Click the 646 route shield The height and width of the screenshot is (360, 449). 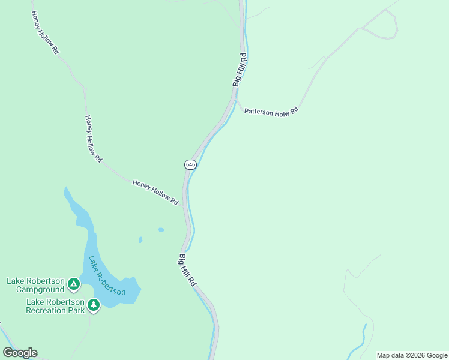(x=190, y=164)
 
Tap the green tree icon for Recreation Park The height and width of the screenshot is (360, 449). (x=93, y=305)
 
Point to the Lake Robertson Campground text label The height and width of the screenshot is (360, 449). (x=35, y=285)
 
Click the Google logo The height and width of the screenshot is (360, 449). (x=20, y=353)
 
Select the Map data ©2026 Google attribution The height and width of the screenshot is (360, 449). (x=412, y=355)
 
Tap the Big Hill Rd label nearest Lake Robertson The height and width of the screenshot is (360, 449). (x=187, y=270)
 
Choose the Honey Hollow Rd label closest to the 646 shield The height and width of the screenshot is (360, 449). (x=155, y=193)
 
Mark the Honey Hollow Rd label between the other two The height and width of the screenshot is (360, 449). (x=93, y=139)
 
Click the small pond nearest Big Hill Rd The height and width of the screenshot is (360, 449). (x=161, y=229)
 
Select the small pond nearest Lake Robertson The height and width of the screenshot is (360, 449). (x=140, y=239)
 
